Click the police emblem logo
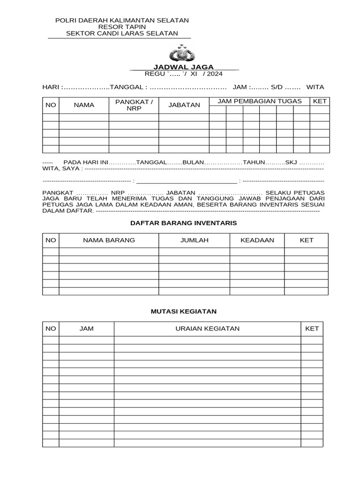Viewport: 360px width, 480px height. point(181,53)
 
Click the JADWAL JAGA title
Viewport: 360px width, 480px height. point(184,67)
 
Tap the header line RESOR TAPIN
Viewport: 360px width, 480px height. point(122,27)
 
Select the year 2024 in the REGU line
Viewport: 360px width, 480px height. point(215,74)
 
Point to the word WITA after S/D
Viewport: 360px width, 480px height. point(315,87)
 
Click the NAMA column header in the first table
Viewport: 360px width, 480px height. point(84,105)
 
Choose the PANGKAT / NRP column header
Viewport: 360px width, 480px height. point(134,105)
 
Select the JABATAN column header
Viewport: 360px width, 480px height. point(184,105)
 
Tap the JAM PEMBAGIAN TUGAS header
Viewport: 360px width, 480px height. point(259,101)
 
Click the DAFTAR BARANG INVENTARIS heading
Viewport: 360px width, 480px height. point(183,223)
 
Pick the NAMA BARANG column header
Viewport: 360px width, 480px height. point(109,240)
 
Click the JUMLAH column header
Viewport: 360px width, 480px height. point(194,240)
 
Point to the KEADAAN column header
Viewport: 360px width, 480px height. point(257,240)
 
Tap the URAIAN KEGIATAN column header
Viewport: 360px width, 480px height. point(207,329)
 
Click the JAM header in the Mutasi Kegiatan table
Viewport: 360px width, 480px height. point(86,329)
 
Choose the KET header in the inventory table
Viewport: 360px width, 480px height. point(306,240)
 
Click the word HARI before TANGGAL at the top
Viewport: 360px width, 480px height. point(51,87)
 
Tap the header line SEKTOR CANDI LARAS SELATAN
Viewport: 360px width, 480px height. point(122,33)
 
